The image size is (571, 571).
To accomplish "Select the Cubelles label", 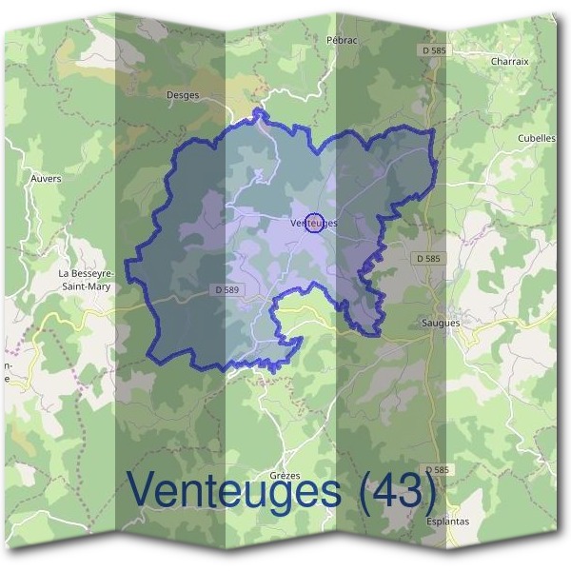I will [537, 137].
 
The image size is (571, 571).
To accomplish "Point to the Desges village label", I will [183, 95].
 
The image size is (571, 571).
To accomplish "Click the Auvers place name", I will [47, 177].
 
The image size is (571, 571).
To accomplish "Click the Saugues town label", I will [441, 323].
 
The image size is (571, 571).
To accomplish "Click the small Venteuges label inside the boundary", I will [310, 223].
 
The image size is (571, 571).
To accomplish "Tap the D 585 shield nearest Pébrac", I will [432, 48].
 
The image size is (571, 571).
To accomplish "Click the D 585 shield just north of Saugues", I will [429, 258].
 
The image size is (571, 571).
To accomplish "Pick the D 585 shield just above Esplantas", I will [437, 470].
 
